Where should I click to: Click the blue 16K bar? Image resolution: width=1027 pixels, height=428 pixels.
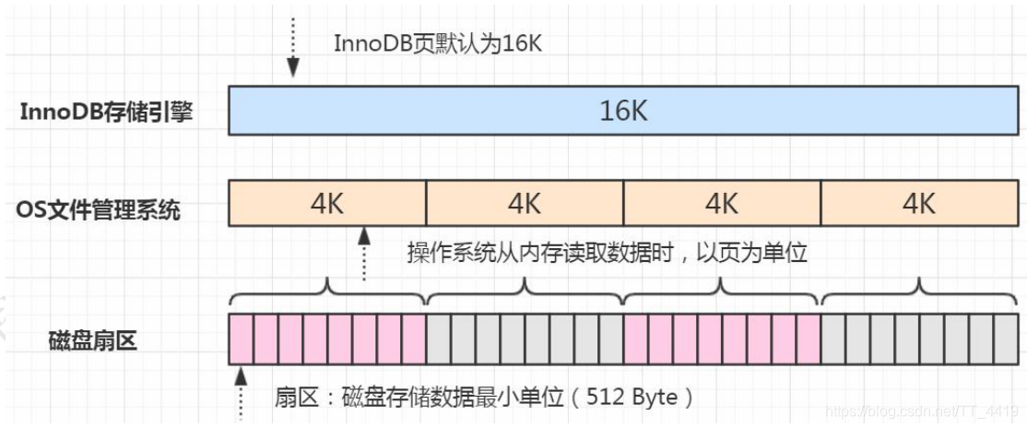(623, 112)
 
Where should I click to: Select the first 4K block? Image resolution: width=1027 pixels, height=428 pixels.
(327, 203)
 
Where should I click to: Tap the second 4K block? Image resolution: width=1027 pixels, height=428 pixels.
(525, 203)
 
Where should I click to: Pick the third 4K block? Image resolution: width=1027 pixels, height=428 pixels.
(722, 203)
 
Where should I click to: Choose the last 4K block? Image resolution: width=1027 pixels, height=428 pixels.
(918, 203)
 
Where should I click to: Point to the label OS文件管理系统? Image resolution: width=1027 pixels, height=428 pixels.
(99, 210)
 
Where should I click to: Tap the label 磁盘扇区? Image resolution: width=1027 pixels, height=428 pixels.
(92, 341)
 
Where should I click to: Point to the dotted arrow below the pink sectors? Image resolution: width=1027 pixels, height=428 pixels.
(242, 392)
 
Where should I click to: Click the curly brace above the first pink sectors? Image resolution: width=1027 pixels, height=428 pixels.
(327, 293)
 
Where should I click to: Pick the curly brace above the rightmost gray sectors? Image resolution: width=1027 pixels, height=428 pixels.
(918, 293)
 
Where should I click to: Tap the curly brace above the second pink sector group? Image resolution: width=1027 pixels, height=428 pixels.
(722, 293)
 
